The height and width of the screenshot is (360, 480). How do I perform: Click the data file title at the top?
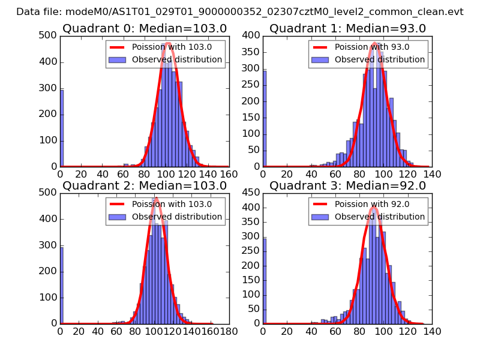pos(239,11)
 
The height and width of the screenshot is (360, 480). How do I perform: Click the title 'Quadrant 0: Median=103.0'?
pos(144,28)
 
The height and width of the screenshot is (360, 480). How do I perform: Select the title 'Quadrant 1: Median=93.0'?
pos(347,28)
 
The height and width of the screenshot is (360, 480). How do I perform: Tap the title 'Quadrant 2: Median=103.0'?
pos(144,185)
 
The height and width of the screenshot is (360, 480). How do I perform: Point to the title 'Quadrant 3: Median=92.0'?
pos(347,185)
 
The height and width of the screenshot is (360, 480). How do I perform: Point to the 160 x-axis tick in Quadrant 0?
pos(229,174)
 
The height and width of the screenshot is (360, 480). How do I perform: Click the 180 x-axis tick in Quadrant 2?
pos(229,331)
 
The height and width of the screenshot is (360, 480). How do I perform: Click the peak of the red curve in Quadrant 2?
pos(155,198)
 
